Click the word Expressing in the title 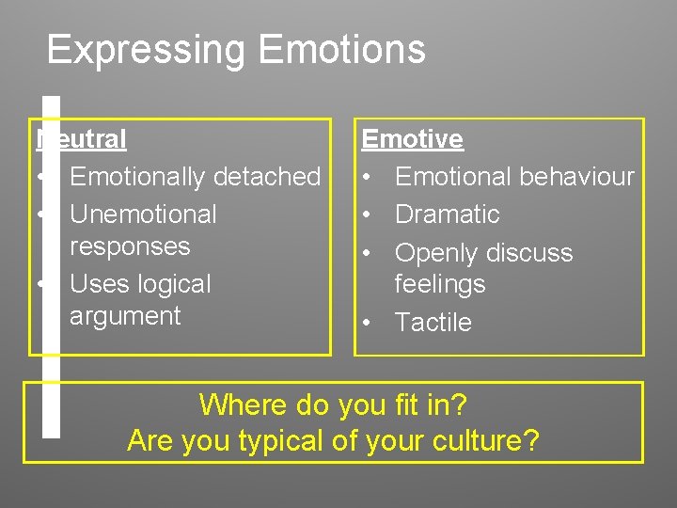click(x=147, y=50)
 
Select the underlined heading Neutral click(x=83, y=139)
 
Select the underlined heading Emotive click(x=412, y=139)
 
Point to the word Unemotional click(x=143, y=214)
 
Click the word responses click(x=130, y=246)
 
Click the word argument click(x=125, y=316)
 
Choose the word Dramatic click(x=447, y=214)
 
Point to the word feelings click(x=439, y=284)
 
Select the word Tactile click(x=433, y=322)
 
